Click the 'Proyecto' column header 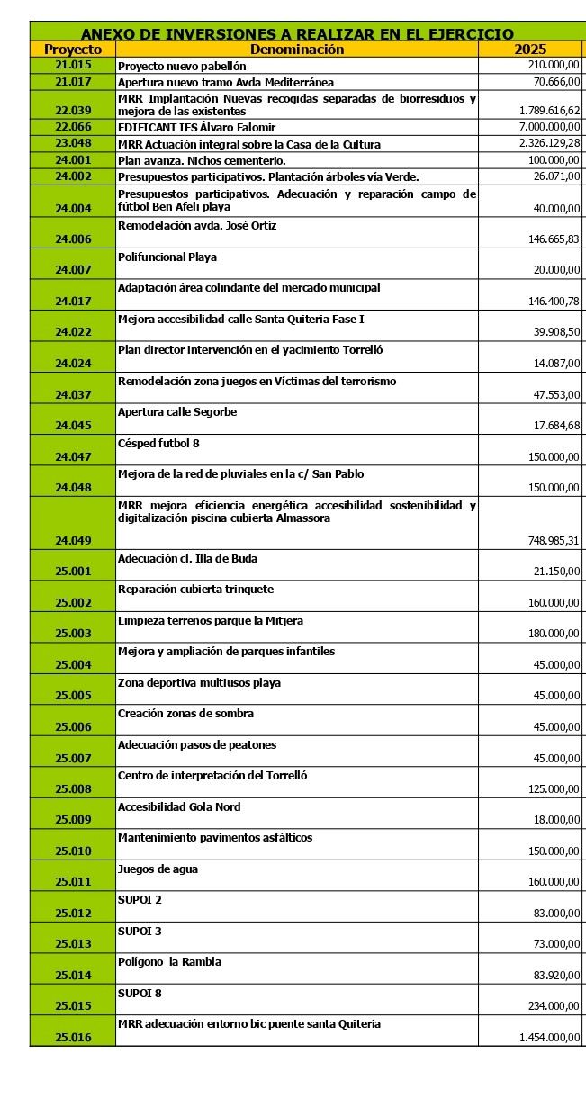(73, 50)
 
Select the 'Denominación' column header (297, 50)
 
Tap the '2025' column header (530, 50)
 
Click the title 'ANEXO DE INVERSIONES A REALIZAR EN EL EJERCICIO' (297, 34)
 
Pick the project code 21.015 (73, 66)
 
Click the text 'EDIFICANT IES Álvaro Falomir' (197, 128)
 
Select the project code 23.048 (73, 143)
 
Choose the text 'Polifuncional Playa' (167, 257)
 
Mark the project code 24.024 (73, 364)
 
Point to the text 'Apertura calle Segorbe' (177, 412)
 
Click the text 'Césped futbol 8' (158, 443)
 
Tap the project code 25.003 (73, 634)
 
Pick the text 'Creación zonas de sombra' (185, 714)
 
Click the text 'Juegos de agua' (158, 869)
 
